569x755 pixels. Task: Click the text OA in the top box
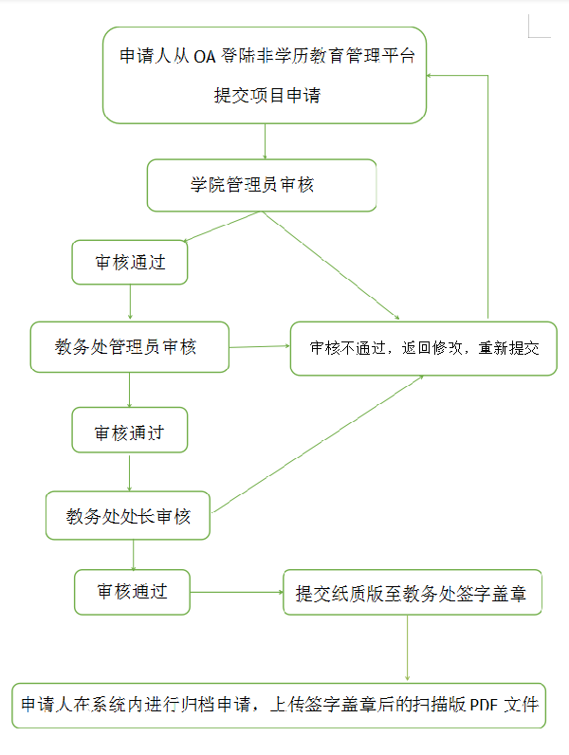pyautogui.click(x=204, y=57)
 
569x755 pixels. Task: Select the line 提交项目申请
pyautogui.click(x=267, y=95)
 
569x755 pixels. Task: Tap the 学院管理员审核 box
pyautogui.click(x=262, y=185)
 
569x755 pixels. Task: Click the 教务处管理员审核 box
pyautogui.click(x=130, y=347)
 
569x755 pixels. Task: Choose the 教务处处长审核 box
pyautogui.click(x=128, y=516)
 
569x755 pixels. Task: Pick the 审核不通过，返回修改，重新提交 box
pyautogui.click(x=424, y=349)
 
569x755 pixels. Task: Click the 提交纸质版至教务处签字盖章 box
pyautogui.click(x=413, y=593)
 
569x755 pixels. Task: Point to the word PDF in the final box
pyautogui.click(x=484, y=705)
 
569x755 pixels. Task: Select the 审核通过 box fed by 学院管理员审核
pyautogui.click(x=130, y=263)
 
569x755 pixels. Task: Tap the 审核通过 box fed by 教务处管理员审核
pyautogui.click(x=130, y=430)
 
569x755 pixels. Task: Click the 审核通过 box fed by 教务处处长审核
pyautogui.click(x=133, y=592)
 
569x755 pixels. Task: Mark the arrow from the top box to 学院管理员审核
pyautogui.click(x=265, y=141)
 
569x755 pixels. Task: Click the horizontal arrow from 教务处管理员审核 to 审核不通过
pyautogui.click(x=260, y=346)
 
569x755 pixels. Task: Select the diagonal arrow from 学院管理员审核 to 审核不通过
pyautogui.click(x=331, y=266)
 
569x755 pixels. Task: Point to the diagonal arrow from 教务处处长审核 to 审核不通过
pyautogui.click(x=318, y=444)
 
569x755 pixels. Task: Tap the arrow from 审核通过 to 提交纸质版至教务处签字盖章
pyautogui.click(x=237, y=592)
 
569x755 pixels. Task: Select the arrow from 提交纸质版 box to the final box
pyautogui.click(x=407, y=648)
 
